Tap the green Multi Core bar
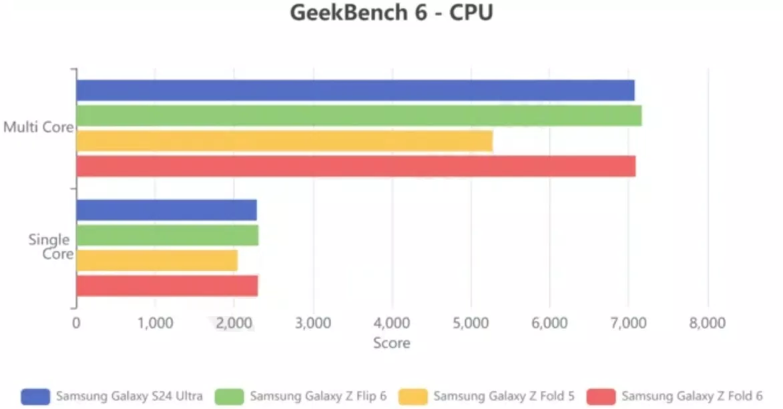pos(358,115)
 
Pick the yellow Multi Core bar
pos(284,141)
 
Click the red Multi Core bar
pos(356,166)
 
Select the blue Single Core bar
pos(166,210)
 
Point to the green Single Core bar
pos(167,236)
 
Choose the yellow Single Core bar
pos(157,260)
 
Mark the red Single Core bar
pos(167,286)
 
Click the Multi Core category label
pos(38,127)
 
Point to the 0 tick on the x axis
pos(76,324)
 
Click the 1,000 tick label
pos(155,324)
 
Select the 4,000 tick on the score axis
pos(392,324)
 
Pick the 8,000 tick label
pos(708,324)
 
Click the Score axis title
pos(392,343)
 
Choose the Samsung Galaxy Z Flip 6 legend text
pos(318,396)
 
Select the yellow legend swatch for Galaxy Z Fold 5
pos(413,396)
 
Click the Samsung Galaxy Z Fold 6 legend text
pos(692,396)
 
